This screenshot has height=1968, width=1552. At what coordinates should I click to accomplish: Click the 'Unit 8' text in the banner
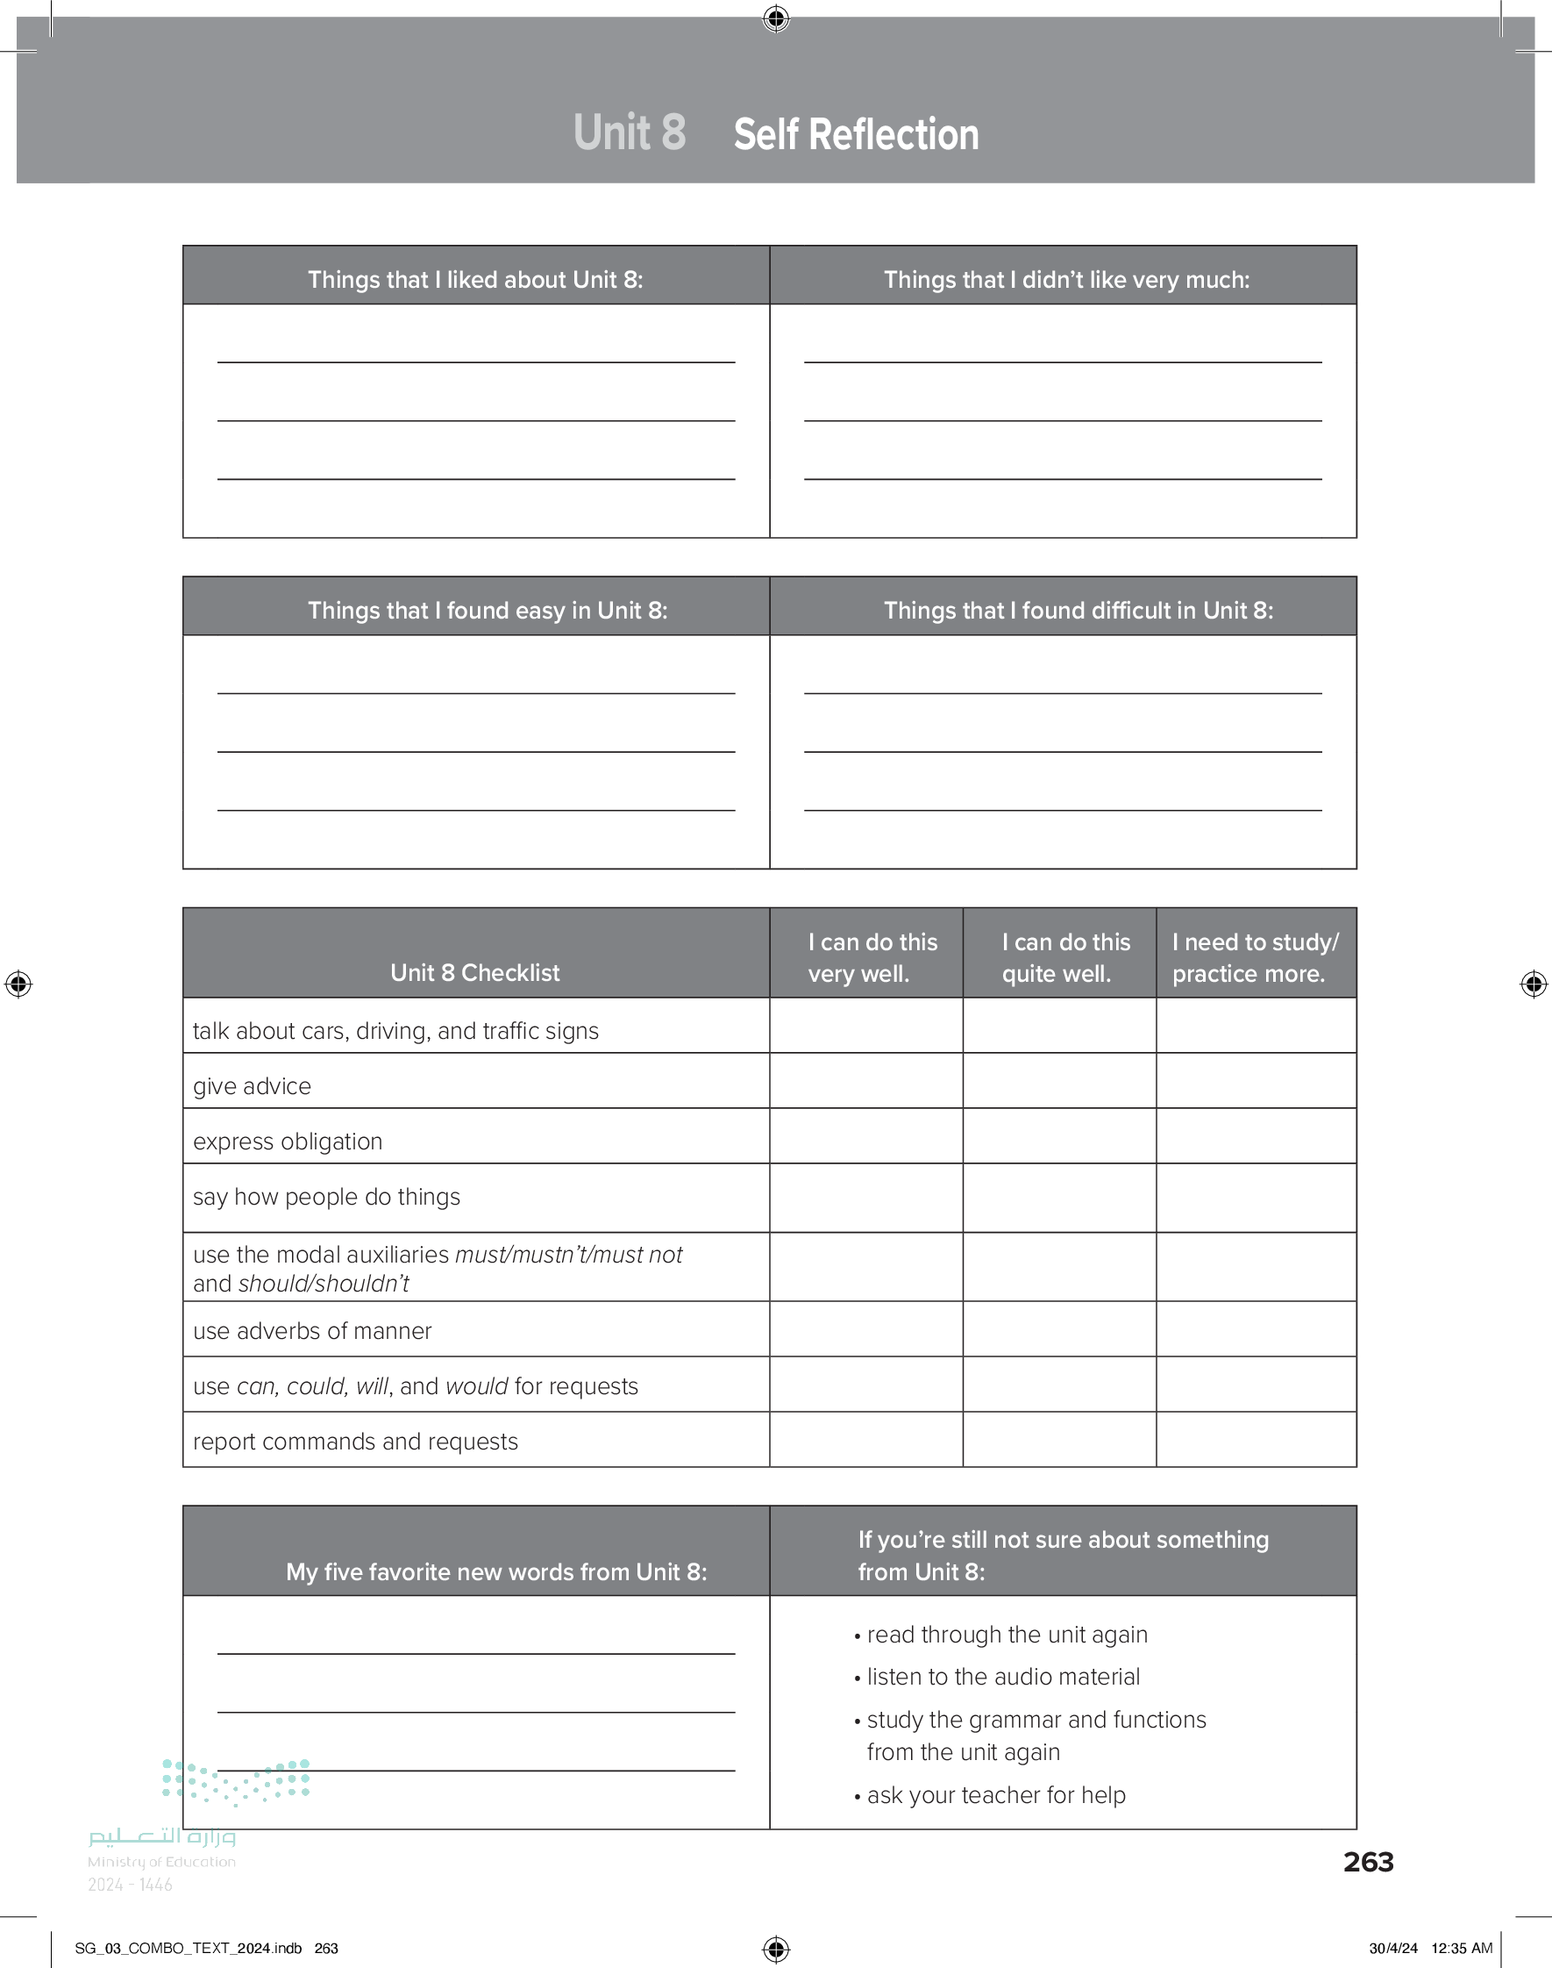pyautogui.click(x=629, y=132)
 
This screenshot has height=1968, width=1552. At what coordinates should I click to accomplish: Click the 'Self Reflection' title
pyautogui.click(x=856, y=134)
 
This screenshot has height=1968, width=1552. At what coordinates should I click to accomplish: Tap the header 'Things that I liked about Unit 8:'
pyautogui.click(x=475, y=279)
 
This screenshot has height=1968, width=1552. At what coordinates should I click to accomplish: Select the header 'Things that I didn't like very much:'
pyautogui.click(x=1066, y=279)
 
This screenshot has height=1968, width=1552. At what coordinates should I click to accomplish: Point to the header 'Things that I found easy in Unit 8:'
pyautogui.click(x=487, y=610)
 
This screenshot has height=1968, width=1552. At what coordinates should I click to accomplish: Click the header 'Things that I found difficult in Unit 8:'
pyautogui.click(x=1078, y=610)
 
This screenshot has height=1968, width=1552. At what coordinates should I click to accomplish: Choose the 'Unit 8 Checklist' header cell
pyautogui.click(x=475, y=973)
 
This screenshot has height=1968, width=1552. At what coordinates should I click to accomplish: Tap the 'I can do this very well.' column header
pyautogui.click(x=872, y=957)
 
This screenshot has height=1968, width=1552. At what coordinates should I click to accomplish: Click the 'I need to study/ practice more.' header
pyautogui.click(x=1255, y=957)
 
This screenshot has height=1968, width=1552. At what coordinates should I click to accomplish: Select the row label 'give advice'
pyautogui.click(x=252, y=1086)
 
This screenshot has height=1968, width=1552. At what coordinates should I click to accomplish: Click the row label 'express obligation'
pyautogui.click(x=287, y=1141)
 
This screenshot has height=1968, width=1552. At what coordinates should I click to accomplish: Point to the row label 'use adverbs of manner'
pyautogui.click(x=311, y=1331)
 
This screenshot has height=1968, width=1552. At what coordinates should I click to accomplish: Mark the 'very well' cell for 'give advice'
pyautogui.click(x=866, y=1081)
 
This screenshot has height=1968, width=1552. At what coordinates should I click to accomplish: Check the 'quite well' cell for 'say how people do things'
pyautogui.click(x=1058, y=1197)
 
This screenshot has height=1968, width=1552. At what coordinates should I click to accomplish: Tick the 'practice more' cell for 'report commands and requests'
pyautogui.click(x=1256, y=1439)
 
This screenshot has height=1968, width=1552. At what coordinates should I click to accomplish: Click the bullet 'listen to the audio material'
pyautogui.click(x=1002, y=1676)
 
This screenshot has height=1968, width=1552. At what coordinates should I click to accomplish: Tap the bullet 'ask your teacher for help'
pyautogui.click(x=995, y=1794)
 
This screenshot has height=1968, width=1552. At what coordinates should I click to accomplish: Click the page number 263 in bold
pyautogui.click(x=1368, y=1862)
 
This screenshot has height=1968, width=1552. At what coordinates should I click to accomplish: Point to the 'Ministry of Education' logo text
pyautogui.click(x=161, y=1862)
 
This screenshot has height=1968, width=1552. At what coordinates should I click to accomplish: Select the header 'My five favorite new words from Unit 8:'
pyautogui.click(x=496, y=1571)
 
